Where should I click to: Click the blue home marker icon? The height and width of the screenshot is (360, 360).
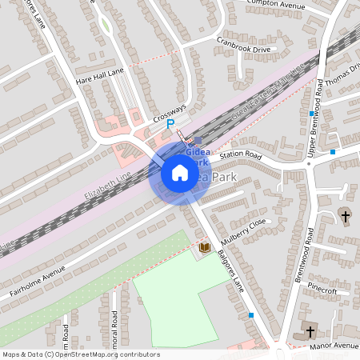click(x=180, y=172)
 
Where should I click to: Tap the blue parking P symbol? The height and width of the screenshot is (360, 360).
click(x=170, y=124)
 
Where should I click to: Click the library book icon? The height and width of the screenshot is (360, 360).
click(x=204, y=249)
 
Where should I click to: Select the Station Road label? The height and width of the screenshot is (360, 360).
click(x=241, y=154)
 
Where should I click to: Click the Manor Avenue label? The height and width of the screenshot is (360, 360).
click(x=335, y=346)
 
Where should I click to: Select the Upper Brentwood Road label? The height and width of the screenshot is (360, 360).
click(x=318, y=108)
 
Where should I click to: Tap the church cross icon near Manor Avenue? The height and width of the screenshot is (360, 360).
click(x=310, y=330)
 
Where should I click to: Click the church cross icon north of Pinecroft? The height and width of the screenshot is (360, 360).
click(x=346, y=215)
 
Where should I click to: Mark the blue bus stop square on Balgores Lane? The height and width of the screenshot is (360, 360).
click(x=251, y=315)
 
